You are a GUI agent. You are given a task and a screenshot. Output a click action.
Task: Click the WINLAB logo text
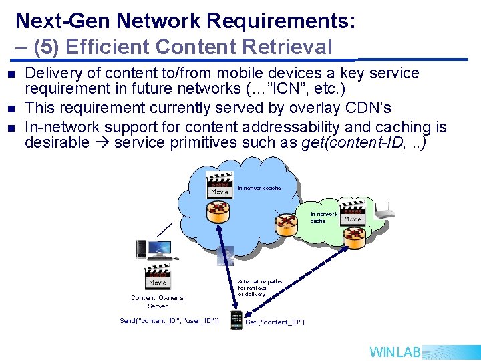[395, 352]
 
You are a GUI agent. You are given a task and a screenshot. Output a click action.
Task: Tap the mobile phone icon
[235, 320]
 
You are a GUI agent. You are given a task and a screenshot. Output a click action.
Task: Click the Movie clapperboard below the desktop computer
[158, 277]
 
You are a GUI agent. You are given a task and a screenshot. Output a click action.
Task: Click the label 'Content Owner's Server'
[158, 302]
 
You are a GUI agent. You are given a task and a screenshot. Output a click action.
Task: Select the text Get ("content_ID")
[275, 322]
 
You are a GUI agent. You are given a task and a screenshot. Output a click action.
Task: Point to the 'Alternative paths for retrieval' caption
[260, 288]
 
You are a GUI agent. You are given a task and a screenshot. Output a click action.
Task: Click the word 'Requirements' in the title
[273, 21]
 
